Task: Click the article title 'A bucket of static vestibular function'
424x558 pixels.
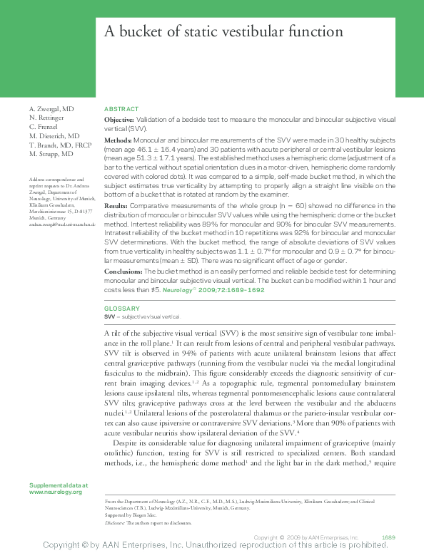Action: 223,32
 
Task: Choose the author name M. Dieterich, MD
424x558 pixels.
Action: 54,135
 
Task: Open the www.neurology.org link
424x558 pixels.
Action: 56,492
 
